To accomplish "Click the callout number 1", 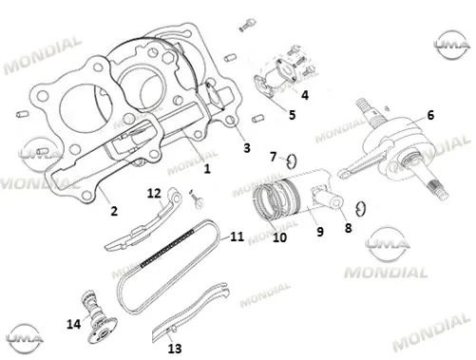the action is [x=207, y=168].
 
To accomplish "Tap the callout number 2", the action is [x=114, y=211].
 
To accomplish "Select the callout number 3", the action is [x=247, y=148].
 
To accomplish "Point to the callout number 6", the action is [x=430, y=115].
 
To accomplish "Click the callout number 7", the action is [x=274, y=157].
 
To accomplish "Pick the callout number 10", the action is [x=279, y=237].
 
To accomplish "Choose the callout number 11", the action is [x=237, y=237].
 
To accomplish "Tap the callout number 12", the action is [x=154, y=193].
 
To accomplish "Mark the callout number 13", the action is [x=175, y=349].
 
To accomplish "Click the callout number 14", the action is [x=73, y=324].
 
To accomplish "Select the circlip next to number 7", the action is [x=292, y=161].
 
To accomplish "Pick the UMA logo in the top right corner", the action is [x=451, y=45].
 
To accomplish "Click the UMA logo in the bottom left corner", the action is [x=25, y=338].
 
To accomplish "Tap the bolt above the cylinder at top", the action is [x=247, y=25].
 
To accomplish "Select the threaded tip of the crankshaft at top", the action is [x=362, y=104].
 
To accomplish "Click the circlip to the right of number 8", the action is [x=361, y=209].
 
